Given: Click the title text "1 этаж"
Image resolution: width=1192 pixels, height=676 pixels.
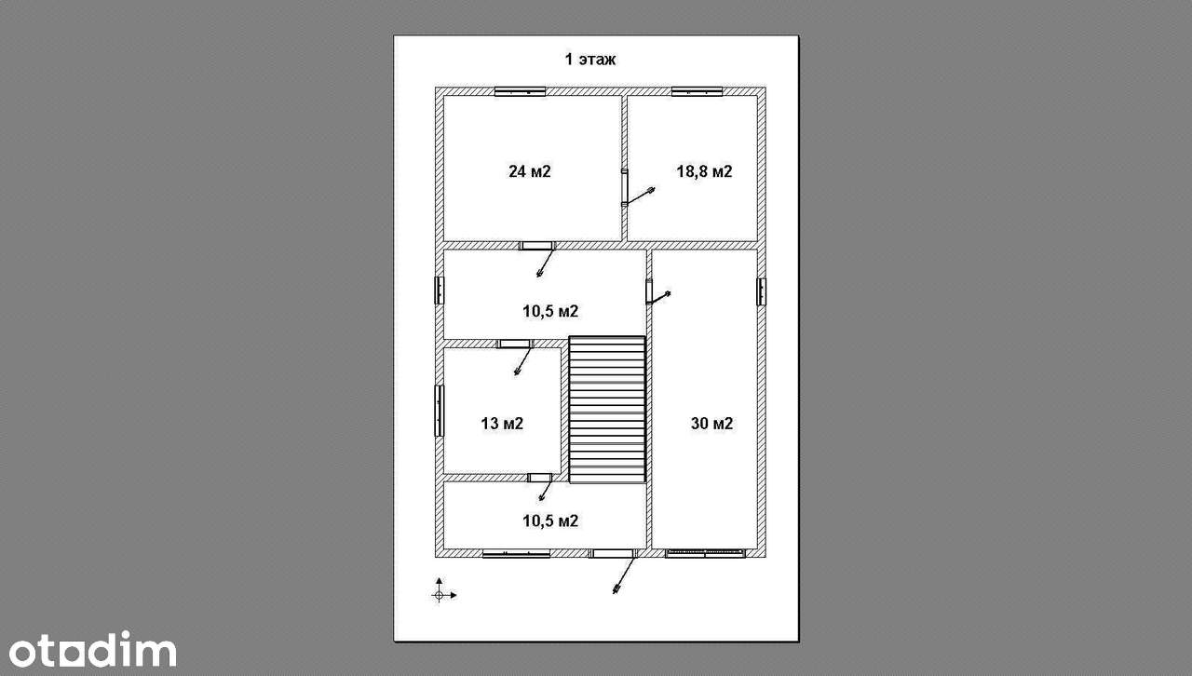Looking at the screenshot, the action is pos(590,59).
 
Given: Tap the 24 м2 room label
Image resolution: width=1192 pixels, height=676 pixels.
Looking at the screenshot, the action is pos(530,171).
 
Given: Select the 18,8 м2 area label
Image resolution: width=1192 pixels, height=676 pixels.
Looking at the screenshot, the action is pos(704,171).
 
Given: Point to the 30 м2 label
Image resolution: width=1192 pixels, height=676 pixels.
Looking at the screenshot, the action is pos(711,423).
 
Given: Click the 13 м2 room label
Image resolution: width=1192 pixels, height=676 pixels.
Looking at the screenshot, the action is pos(502,423).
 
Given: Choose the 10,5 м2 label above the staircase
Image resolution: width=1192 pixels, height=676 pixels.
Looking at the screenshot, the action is pos(550,311).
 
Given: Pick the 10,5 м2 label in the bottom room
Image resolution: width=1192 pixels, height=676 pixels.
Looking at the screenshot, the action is pos(550,521).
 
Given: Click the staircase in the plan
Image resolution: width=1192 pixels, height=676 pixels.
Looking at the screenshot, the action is pos(607,410).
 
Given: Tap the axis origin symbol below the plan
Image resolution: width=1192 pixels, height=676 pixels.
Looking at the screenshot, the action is pos(439,595).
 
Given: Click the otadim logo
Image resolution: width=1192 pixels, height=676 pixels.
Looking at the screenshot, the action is pos(92,649).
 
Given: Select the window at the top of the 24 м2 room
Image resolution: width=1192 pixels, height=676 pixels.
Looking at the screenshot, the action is pos(520,91).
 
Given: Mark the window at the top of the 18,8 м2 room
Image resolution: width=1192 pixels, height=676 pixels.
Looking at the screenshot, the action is pos(697,91).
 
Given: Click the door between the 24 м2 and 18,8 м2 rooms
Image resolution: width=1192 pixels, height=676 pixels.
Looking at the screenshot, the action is pos(625,187).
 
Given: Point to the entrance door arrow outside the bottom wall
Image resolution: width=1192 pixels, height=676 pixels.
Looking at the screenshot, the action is pos(625,575).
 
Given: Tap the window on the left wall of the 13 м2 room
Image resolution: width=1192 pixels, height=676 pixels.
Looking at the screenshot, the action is pos(439,411).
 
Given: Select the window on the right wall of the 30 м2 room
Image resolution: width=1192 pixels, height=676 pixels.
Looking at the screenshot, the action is pos(762,291).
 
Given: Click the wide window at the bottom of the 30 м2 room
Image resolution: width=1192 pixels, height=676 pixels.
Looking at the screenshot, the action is pos(705,554).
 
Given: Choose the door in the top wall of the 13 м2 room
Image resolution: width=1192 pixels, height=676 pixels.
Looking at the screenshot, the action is pos(515,344).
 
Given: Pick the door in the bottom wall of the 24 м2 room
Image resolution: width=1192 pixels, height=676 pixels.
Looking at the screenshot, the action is pos(537,246).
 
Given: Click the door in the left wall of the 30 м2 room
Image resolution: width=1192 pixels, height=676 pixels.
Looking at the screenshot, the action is pos(649,291).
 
